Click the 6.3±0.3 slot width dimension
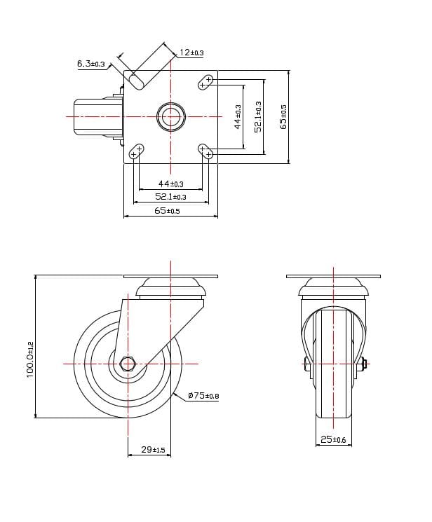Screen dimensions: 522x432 (x=90, y=64)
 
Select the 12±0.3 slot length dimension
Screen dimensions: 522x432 (x=191, y=53)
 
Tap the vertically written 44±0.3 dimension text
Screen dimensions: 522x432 (x=238, y=116)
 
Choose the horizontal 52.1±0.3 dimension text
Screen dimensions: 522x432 (x=170, y=197)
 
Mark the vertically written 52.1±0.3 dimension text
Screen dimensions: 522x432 (x=258, y=116)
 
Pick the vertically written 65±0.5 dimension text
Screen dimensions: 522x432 (x=283, y=116)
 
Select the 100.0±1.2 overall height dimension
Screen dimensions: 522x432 (x=29, y=359)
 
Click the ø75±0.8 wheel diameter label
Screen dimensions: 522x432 (x=203, y=397)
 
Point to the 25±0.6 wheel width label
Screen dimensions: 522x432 (x=333, y=439)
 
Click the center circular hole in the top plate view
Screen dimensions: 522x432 (x=170, y=117)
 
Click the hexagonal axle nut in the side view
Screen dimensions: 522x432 (x=128, y=364)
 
